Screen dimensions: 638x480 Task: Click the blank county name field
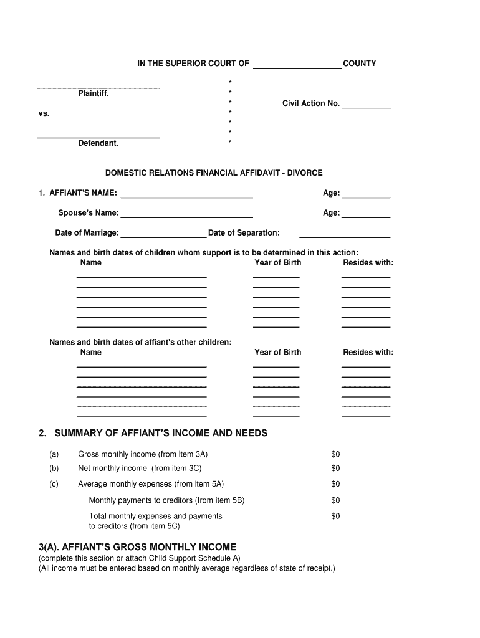[x=297, y=64]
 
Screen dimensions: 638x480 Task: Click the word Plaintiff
[x=94, y=93]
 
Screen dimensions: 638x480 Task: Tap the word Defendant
[x=98, y=143]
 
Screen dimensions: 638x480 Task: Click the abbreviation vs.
[x=44, y=113]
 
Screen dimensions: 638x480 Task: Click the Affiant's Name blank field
[x=186, y=193]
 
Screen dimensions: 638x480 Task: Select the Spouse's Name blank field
[x=186, y=213]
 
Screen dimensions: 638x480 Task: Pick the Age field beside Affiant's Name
[x=366, y=193]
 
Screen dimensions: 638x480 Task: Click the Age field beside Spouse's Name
[x=366, y=213]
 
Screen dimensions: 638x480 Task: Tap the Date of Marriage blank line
[x=163, y=233]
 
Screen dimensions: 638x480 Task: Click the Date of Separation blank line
[x=345, y=233]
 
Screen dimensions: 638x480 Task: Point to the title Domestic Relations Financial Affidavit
[x=214, y=173]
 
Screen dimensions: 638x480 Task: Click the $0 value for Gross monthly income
[x=335, y=455]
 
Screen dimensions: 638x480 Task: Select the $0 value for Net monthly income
[x=335, y=469]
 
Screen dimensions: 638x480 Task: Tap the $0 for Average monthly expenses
[x=335, y=484]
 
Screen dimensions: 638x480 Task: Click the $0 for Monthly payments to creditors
[x=335, y=500]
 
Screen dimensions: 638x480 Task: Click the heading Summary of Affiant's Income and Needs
[x=161, y=433]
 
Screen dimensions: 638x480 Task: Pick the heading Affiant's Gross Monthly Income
[x=137, y=547]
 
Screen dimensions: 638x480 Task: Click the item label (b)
[x=54, y=469]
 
